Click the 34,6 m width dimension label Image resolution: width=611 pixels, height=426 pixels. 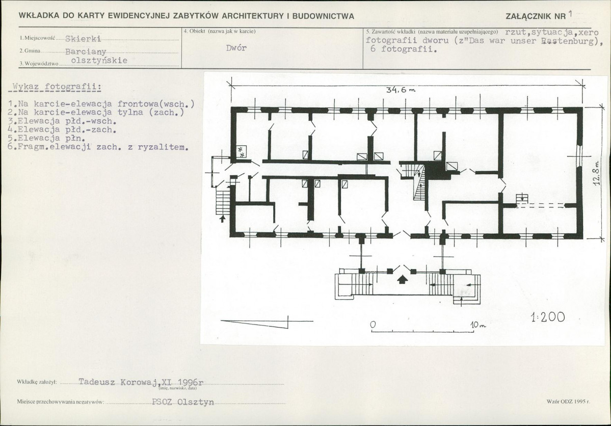click(x=401, y=90)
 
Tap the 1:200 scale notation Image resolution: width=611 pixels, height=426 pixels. click(x=547, y=317)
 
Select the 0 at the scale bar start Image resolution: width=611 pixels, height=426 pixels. click(x=373, y=324)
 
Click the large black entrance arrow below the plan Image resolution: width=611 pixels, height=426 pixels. click(x=403, y=279)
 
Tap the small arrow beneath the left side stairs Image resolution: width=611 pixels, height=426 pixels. click(x=222, y=219)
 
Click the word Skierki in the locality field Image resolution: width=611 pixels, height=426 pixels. click(x=83, y=39)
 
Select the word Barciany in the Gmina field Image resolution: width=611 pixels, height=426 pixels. click(x=86, y=52)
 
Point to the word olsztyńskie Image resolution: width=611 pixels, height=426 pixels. click(x=99, y=61)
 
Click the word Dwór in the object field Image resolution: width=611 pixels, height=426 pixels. click(x=236, y=48)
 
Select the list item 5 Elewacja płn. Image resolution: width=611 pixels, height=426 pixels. click(x=47, y=138)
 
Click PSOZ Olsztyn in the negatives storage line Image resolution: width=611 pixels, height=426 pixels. click(x=183, y=402)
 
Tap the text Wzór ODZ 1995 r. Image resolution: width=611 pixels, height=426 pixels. click(x=569, y=402)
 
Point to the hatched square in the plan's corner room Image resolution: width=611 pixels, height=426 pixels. click(x=241, y=152)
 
